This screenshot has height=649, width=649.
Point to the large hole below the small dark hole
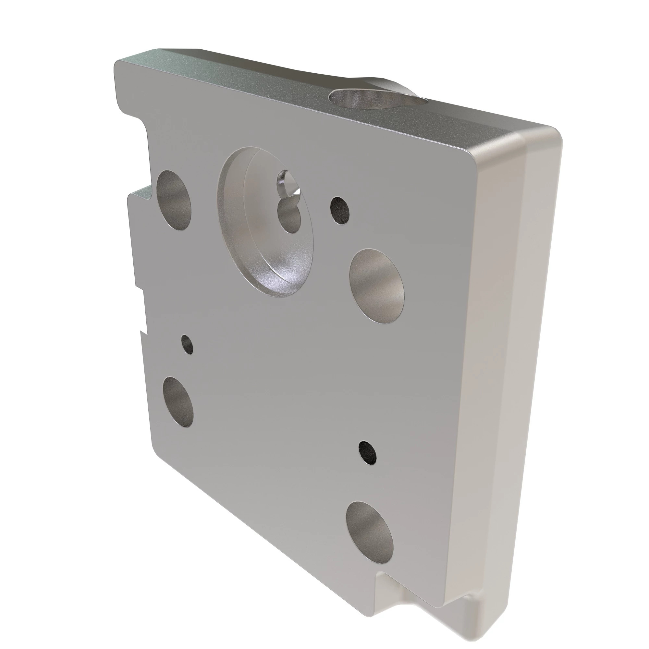[x=376, y=286]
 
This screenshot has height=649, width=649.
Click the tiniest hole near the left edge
[x=187, y=344]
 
